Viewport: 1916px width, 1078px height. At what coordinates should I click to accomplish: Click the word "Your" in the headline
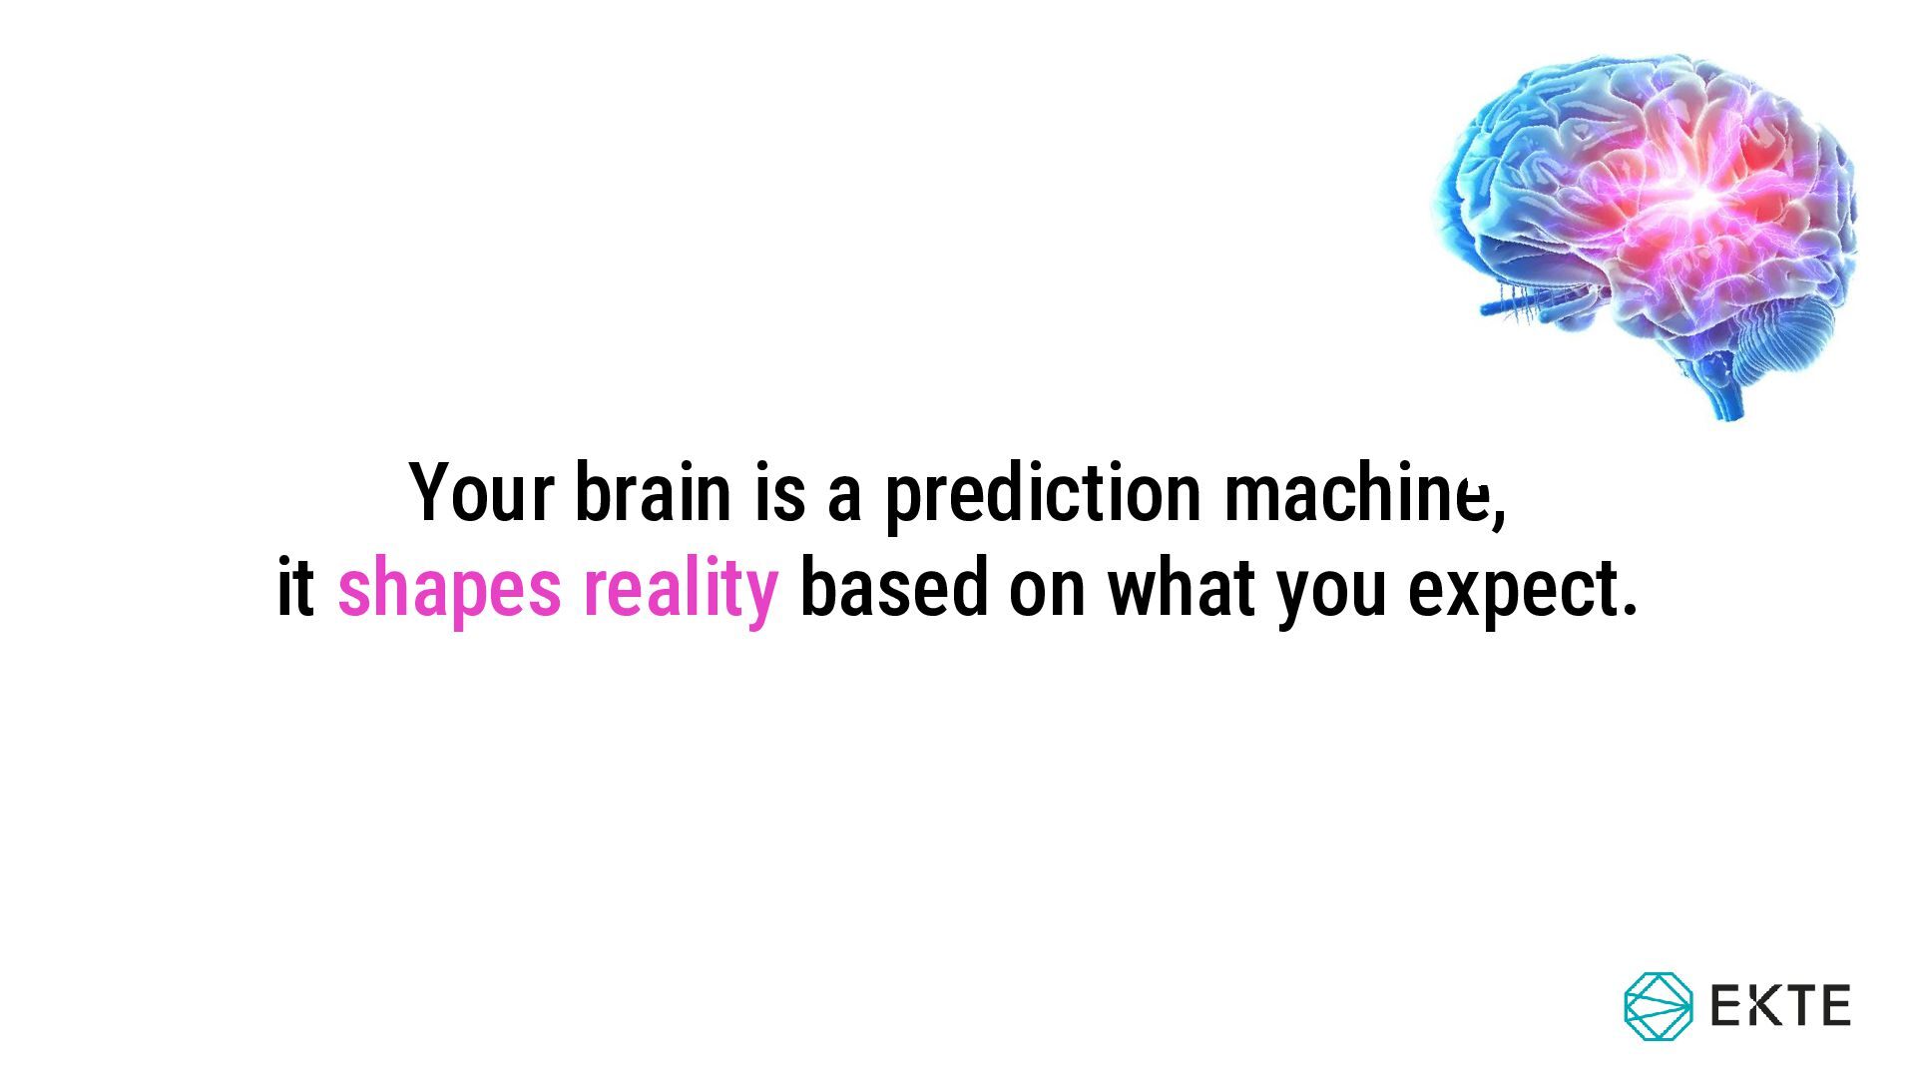(481, 491)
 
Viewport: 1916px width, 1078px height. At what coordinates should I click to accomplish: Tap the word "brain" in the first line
(653, 491)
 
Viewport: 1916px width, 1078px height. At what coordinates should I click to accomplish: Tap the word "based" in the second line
(893, 588)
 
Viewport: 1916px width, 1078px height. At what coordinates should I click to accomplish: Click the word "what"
(1181, 588)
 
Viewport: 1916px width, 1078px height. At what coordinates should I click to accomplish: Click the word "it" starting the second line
(295, 588)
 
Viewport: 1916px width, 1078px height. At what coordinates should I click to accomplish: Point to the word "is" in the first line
(780, 491)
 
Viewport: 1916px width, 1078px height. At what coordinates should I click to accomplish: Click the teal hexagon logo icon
(1659, 1006)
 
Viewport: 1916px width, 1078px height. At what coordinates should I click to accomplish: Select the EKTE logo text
(1781, 1005)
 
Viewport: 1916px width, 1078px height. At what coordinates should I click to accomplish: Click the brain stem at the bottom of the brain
(1726, 389)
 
